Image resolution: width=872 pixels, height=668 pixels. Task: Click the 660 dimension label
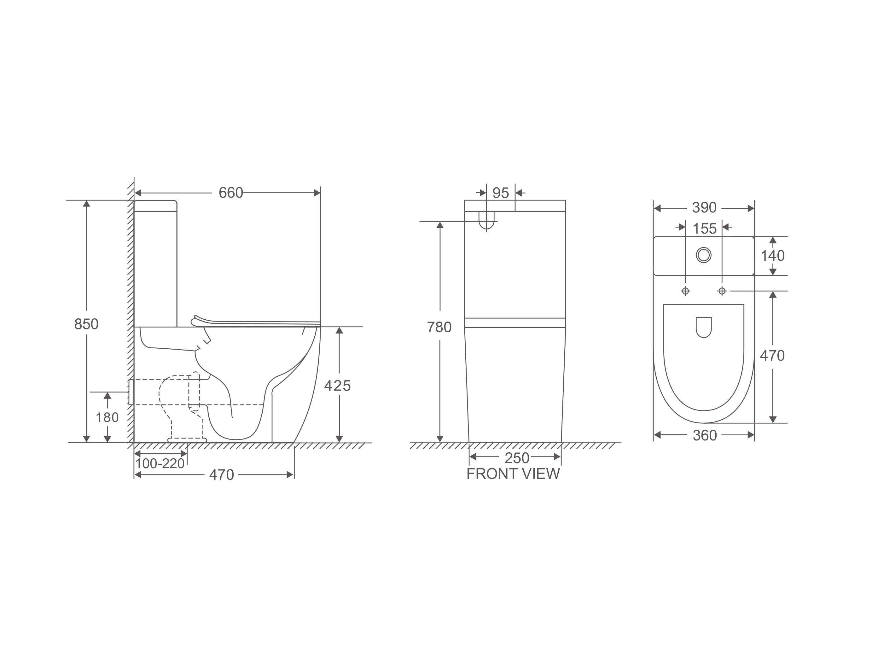click(231, 193)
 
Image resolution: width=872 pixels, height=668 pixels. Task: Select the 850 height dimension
click(86, 324)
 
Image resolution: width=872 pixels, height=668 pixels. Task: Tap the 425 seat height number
click(338, 386)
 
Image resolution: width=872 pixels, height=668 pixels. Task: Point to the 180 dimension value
click(108, 417)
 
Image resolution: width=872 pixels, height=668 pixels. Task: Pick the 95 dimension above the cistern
click(501, 193)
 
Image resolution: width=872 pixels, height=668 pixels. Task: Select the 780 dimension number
click(439, 327)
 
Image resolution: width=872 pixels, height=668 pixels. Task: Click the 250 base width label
click(517, 458)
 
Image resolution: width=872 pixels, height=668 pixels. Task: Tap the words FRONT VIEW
click(513, 474)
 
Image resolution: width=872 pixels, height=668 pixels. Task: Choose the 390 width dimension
click(704, 207)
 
